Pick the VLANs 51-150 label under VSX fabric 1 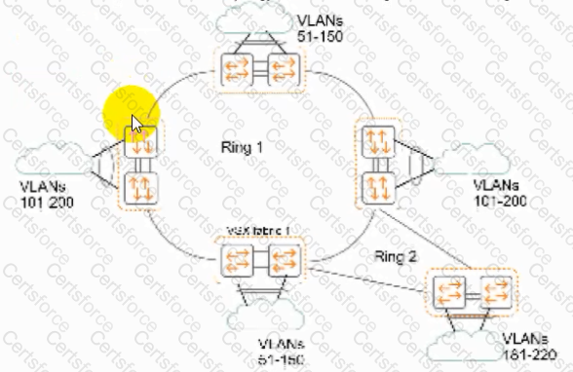point(282,352)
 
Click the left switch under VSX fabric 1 point(238,260)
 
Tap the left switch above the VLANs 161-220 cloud point(451,293)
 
